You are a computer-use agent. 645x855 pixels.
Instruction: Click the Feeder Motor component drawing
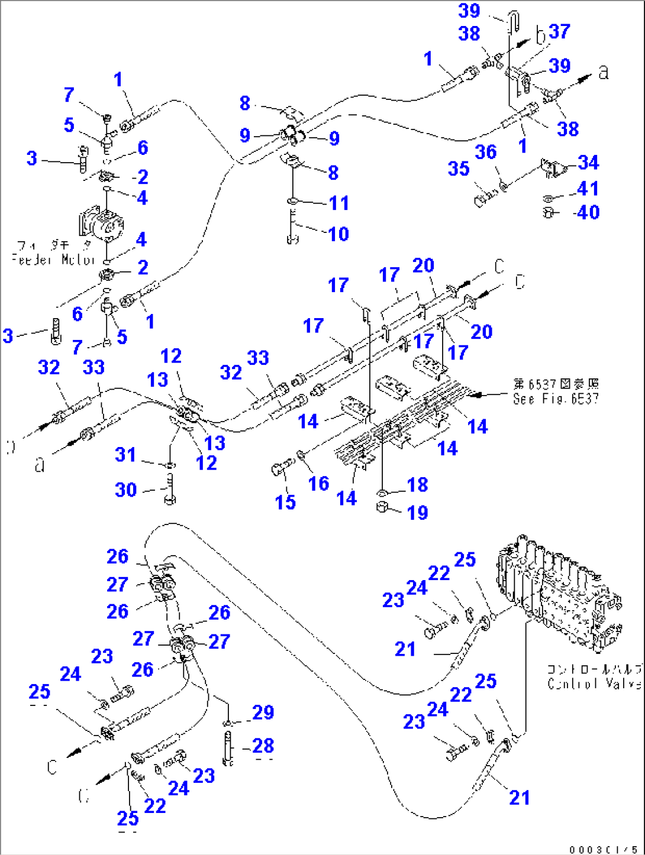click(102, 224)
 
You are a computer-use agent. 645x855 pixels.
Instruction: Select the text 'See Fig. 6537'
click(556, 399)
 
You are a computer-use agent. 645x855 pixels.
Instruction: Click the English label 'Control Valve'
click(594, 684)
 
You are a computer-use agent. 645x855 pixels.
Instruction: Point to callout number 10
click(338, 234)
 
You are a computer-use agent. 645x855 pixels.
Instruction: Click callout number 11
click(338, 203)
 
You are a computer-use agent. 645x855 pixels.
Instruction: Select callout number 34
click(588, 163)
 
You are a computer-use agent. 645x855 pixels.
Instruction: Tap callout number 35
click(459, 169)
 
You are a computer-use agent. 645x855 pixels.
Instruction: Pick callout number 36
click(486, 153)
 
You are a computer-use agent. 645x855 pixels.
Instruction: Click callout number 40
click(588, 212)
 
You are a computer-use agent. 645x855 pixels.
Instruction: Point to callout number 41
click(588, 189)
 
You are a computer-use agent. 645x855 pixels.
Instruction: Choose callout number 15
click(285, 503)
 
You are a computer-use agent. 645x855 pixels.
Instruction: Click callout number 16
click(318, 484)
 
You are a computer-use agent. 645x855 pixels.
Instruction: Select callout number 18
click(417, 485)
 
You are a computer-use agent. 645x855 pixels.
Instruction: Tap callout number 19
click(417, 513)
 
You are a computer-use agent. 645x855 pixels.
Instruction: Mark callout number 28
click(263, 746)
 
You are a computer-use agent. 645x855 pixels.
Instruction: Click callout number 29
click(263, 712)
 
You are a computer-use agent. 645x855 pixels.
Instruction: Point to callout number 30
click(125, 490)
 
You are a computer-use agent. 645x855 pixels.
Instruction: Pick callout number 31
click(125, 455)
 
